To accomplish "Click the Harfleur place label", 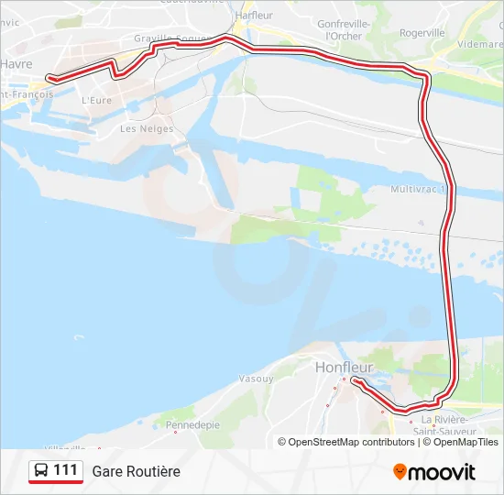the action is point(254,16).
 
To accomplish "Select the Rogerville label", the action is point(422,32).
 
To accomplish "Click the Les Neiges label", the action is point(147,129).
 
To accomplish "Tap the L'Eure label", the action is point(96,100).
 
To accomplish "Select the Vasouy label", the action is point(256,379).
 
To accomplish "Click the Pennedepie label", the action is point(192,425).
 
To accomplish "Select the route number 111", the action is point(65,470).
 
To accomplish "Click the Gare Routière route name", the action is point(136,471).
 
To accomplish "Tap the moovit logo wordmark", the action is point(442,472).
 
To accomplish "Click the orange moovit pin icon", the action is point(400,472).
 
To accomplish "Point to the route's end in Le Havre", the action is point(49,79).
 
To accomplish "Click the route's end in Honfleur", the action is point(353,379).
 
